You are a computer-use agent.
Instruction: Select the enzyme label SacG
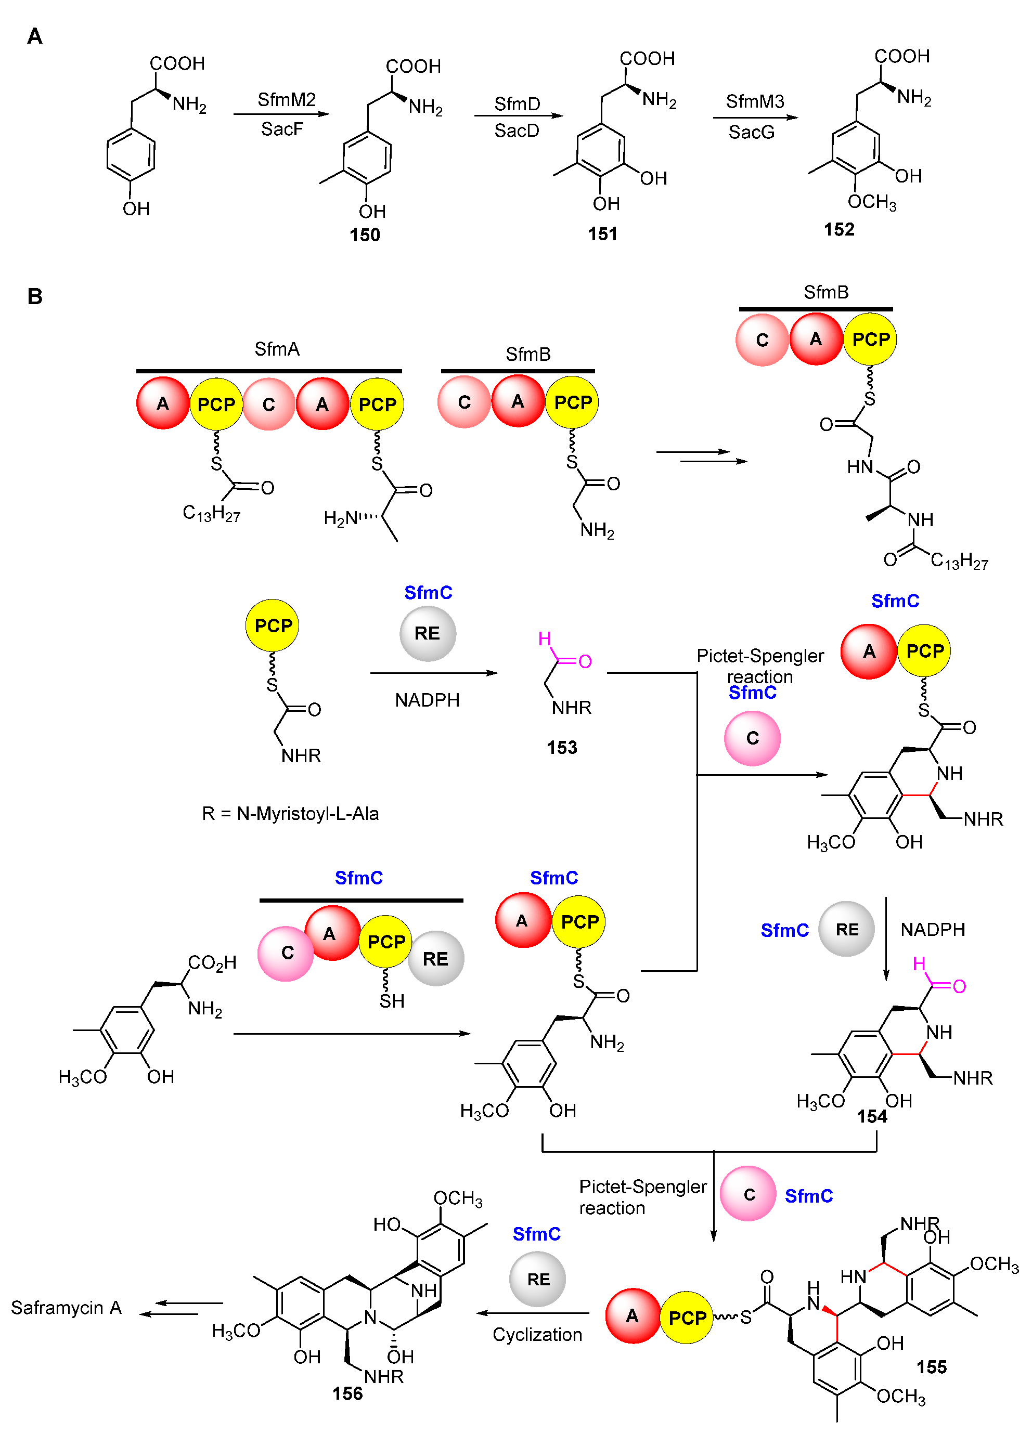(751, 132)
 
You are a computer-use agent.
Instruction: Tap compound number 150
(364, 234)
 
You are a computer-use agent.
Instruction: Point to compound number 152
(838, 229)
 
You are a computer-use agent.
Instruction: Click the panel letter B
(35, 296)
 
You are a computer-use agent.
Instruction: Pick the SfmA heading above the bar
(276, 349)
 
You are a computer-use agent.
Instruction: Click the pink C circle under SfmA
(269, 404)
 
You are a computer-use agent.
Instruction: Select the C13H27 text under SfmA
(211, 513)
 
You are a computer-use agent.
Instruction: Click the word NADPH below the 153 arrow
(427, 700)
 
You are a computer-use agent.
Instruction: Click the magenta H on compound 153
(544, 638)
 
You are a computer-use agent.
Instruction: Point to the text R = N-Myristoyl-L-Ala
(290, 813)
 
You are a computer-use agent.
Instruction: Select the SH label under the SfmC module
(392, 1001)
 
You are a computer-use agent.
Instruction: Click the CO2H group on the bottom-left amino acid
(212, 962)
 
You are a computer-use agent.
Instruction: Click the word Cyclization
(537, 1334)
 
